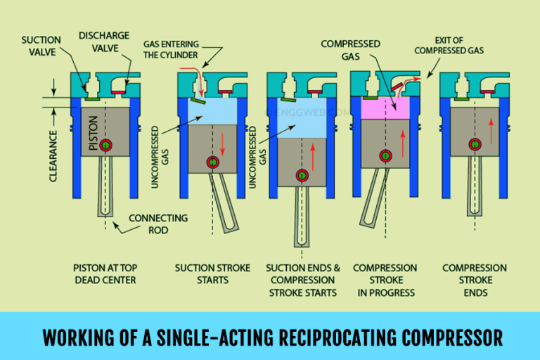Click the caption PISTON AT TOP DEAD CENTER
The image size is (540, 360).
pos(102,274)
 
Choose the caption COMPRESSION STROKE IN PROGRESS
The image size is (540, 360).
pos(385,280)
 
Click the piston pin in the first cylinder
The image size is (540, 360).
pos(106,146)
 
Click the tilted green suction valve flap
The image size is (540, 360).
pos(199,101)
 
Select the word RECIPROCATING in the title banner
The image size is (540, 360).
pos(323,337)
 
